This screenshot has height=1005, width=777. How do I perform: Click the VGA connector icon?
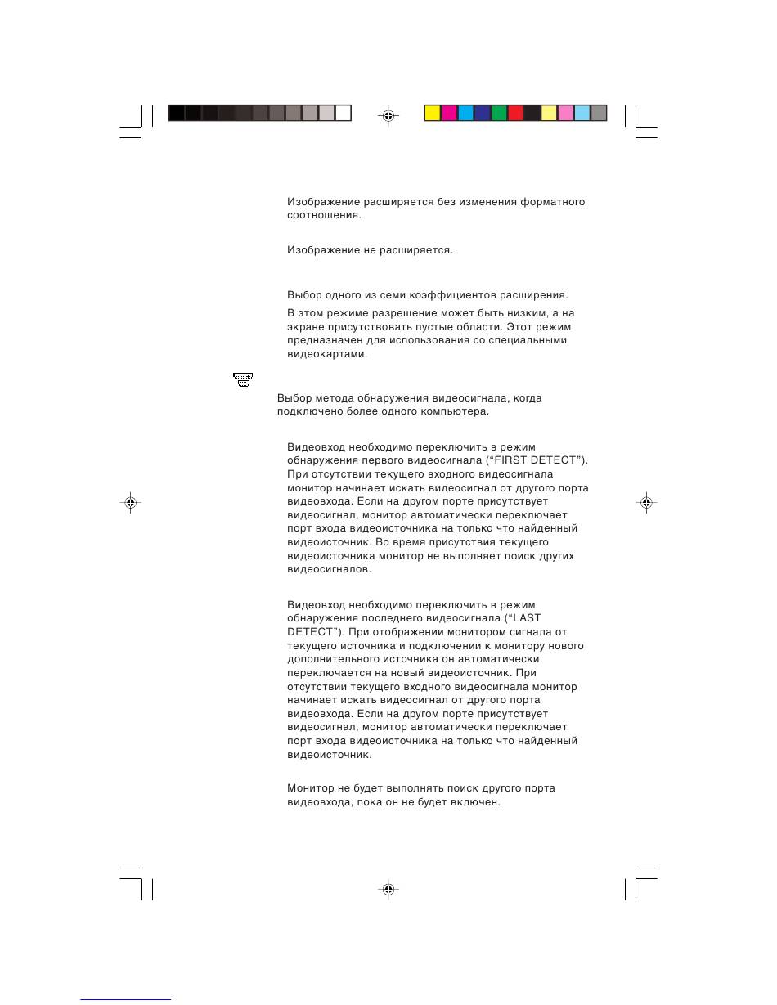tap(242, 379)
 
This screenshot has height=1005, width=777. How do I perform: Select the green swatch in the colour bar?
tap(499, 114)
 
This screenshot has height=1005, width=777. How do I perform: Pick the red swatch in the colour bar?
tap(515, 114)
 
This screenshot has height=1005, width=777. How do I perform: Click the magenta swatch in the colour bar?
tap(449, 114)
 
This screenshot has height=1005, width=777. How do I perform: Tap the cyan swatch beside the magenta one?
tap(465, 114)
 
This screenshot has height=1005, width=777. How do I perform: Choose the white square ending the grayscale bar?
tap(344, 114)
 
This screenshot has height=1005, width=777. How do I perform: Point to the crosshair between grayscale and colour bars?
tap(388, 115)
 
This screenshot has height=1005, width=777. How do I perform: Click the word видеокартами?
tap(326, 355)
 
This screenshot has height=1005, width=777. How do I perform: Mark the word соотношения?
tap(323, 216)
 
